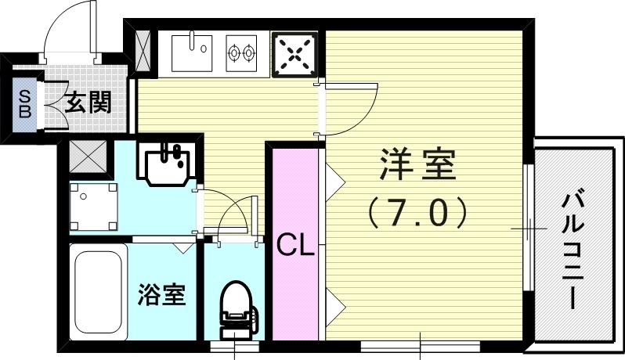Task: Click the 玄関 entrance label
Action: point(86,102)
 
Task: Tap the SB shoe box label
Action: point(24,103)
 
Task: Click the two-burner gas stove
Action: point(241,52)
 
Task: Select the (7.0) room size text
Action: point(417,209)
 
